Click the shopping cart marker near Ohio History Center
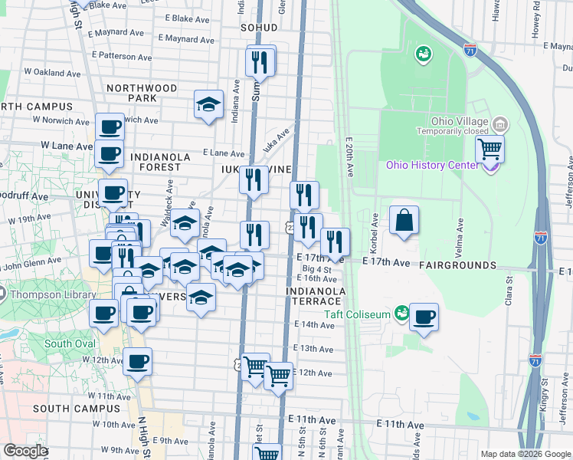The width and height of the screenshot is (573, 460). pos(490,147)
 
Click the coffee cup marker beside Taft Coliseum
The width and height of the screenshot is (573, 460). pos(423,317)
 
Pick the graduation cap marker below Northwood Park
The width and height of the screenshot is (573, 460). pos(208,105)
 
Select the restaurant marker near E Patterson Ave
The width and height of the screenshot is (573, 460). pos(260,62)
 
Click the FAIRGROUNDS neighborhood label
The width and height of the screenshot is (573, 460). pos(457,264)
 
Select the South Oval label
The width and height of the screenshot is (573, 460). pos(69,343)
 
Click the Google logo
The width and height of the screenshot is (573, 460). pos(25,451)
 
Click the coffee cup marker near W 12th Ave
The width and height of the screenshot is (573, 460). pos(137,362)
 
